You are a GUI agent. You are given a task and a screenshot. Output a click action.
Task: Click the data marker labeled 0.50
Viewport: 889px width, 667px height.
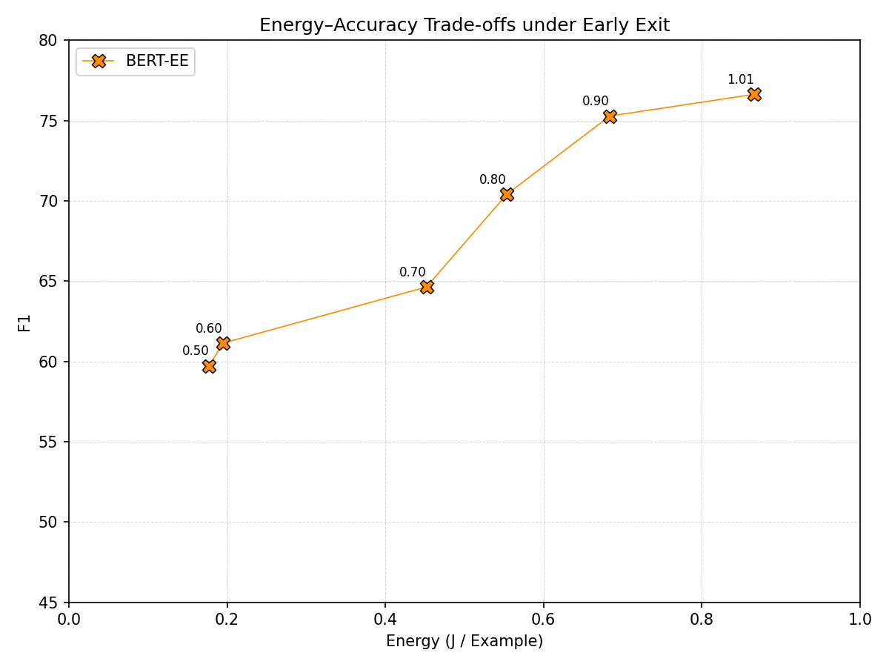(x=209, y=366)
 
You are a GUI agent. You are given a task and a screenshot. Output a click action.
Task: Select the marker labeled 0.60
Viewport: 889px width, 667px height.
(x=223, y=343)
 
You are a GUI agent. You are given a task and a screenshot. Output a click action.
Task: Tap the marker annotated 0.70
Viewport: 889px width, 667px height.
(x=427, y=287)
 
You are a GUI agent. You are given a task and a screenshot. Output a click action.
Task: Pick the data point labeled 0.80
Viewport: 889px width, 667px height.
(x=507, y=194)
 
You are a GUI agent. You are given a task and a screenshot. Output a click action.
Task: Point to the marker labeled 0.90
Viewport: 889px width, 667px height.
(x=610, y=116)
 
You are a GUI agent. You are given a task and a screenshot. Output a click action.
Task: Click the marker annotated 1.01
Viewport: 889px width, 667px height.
(x=754, y=94)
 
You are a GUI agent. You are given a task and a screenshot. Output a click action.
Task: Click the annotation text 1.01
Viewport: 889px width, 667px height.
(x=740, y=80)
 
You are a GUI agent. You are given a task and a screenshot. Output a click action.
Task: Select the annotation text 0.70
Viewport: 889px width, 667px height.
(x=413, y=273)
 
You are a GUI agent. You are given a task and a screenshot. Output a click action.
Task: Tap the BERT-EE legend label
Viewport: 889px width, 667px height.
(x=157, y=62)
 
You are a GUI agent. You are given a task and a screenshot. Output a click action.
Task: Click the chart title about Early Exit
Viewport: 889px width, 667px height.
(x=465, y=25)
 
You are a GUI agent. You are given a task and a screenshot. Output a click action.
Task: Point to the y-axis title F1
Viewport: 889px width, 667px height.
(x=25, y=322)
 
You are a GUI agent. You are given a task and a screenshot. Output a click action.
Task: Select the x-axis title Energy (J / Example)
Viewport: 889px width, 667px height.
(x=465, y=641)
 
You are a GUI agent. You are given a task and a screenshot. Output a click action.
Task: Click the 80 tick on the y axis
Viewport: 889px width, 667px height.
(x=49, y=41)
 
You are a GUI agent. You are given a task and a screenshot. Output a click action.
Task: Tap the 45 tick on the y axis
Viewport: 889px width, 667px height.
(x=49, y=603)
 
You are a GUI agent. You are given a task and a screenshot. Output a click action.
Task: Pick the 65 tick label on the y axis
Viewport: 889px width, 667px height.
(x=49, y=282)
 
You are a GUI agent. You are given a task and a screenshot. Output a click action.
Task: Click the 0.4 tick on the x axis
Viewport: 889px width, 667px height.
(x=385, y=618)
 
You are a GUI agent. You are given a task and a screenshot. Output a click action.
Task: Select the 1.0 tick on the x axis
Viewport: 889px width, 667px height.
(x=859, y=618)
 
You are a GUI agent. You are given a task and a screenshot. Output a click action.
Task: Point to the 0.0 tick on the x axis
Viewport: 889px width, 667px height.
(x=69, y=618)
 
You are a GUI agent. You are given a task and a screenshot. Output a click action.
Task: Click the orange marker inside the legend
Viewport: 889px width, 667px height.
(x=99, y=62)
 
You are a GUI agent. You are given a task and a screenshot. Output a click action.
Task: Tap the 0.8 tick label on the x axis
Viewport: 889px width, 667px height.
(x=702, y=618)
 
